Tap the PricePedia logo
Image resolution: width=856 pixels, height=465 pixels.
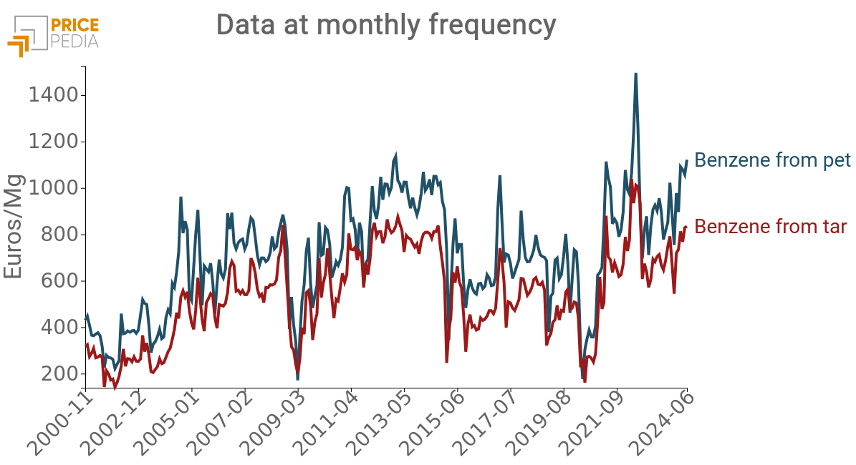point(53,33)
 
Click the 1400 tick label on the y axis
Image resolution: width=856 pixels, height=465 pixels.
point(53,95)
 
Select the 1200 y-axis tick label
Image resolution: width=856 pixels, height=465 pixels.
point(53,142)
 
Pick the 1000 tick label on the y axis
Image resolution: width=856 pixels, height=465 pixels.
point(53,188)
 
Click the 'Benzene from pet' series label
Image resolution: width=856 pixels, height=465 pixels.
point(772,160)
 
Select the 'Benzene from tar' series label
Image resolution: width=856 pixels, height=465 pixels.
point(771,227)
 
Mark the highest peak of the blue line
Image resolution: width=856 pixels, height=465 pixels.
point(635,74)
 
